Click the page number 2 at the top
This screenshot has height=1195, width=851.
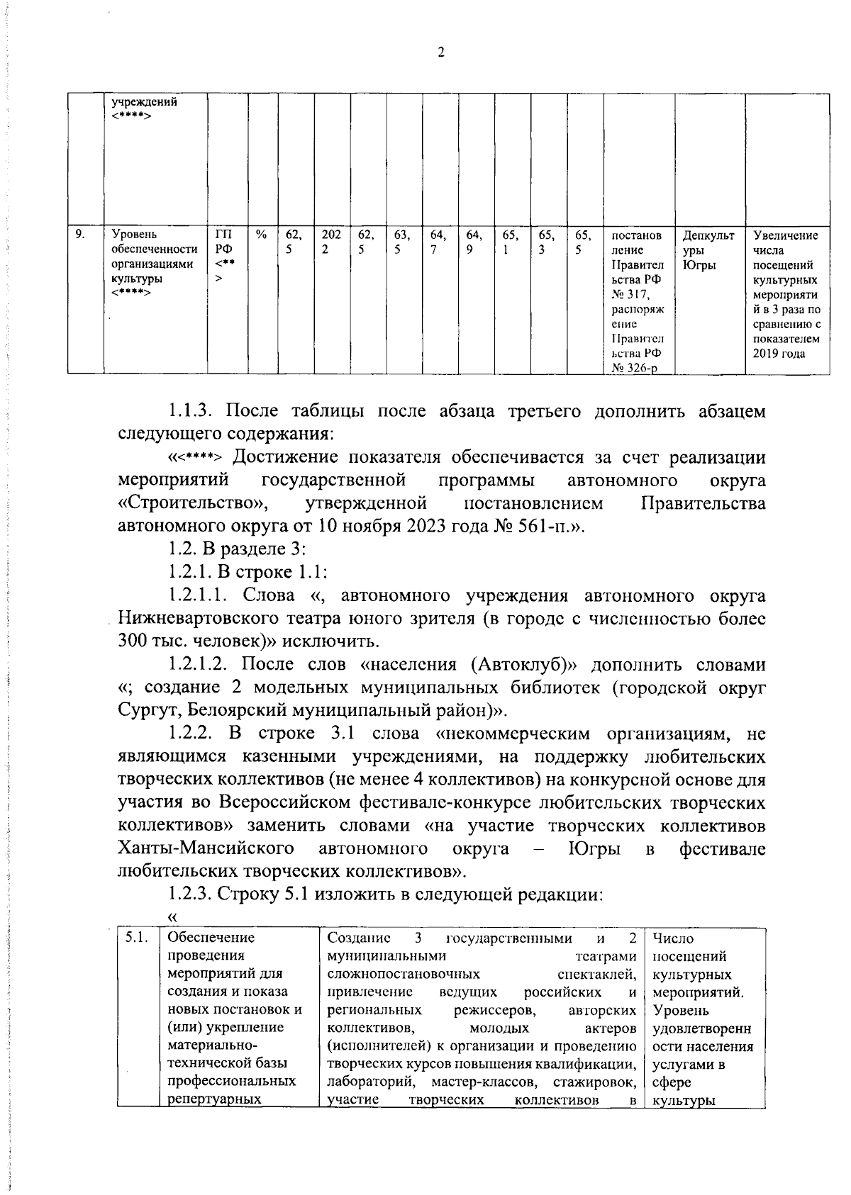[x=440, y=52]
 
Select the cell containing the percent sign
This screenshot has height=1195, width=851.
[x=262, y=235]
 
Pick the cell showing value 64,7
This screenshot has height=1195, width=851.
[x=438, y=242]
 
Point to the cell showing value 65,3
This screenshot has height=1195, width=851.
[x=547, y=242]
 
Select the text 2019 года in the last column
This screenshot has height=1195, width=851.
[x=779, y=354]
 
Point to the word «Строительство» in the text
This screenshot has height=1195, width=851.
[x=193, y=504]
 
